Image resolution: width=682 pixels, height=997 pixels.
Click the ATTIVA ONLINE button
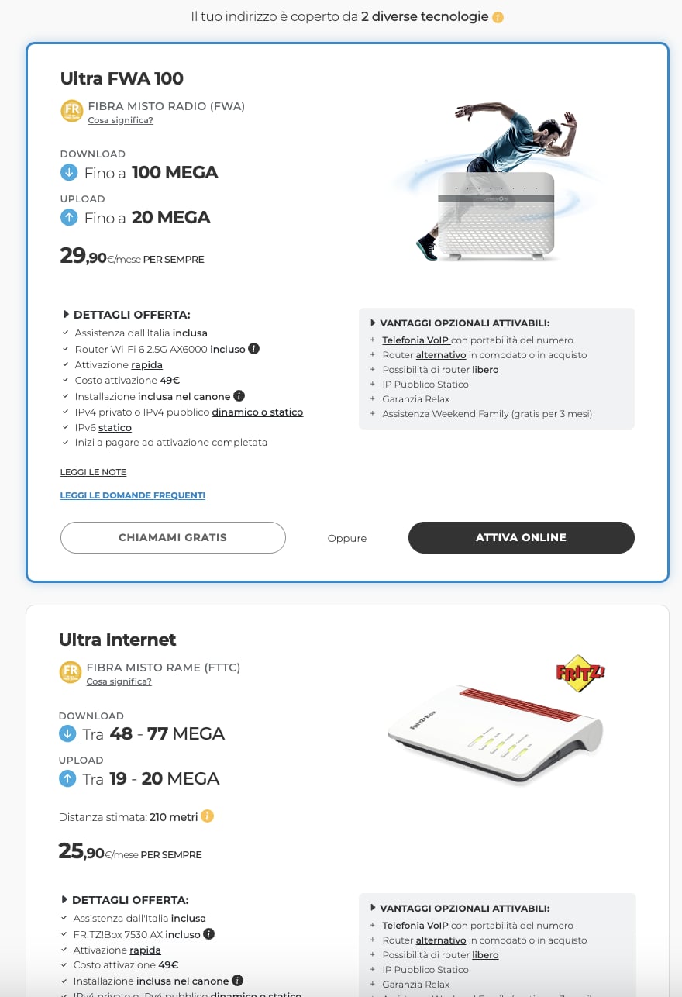point(521,537)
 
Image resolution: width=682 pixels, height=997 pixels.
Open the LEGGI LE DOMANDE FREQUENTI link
point(133,495)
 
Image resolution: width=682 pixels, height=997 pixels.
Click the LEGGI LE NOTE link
point(93,472)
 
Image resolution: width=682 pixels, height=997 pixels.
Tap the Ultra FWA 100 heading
point(122,78)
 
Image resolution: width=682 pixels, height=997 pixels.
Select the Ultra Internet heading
point(117,640)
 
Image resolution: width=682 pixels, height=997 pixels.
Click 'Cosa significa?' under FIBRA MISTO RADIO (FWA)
point(120,120)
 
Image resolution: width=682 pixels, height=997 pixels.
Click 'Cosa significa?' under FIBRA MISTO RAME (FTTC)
point(119,681)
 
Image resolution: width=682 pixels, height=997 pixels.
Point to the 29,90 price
point(84,257)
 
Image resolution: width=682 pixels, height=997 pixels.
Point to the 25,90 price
point(82,852)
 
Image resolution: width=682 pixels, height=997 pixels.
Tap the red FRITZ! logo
point(580,671)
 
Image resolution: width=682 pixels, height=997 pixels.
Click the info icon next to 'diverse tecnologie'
point(498,17)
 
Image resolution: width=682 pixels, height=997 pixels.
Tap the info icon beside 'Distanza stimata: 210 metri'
point(207,816)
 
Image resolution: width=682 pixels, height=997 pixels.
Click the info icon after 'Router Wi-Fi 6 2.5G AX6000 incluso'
point(253,349)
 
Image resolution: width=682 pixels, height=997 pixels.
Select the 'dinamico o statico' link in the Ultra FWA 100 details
point(257,412)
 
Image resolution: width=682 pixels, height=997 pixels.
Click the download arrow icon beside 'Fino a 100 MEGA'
point(69,172)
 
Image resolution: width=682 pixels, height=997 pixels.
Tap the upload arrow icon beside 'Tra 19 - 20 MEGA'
point(67,778)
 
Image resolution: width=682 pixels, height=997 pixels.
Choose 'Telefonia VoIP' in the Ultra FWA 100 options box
point(415,340)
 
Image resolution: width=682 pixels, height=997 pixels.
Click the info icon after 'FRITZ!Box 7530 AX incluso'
point(209,934)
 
